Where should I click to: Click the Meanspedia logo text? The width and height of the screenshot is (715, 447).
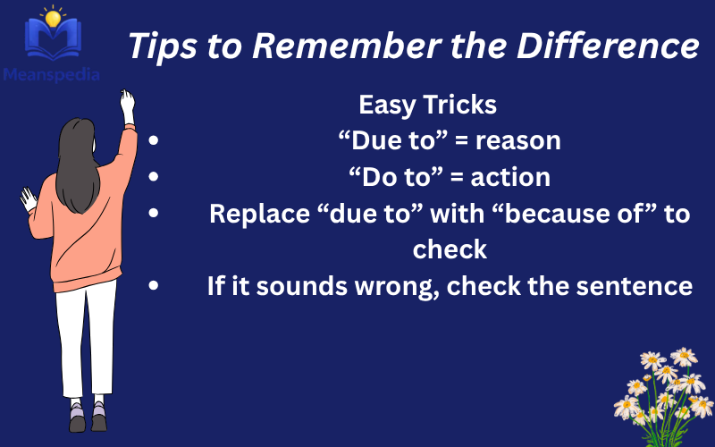click(x=50, y=75)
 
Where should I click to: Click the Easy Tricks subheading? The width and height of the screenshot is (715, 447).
click(x=427, y=105)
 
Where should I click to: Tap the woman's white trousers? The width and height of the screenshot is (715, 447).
click(x=86, y=340)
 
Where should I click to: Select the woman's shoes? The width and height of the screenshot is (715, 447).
click(x=88, y=417)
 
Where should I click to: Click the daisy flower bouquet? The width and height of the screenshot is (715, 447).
click(x=663, y=384)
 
